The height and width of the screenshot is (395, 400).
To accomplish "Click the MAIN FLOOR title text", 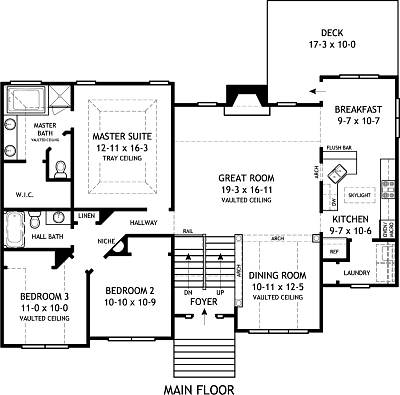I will (200, 382).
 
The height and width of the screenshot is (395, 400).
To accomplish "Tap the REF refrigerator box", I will (335, 252).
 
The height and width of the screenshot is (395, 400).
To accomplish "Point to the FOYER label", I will (204, 295).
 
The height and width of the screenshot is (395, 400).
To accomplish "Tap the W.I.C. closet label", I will (26, 195).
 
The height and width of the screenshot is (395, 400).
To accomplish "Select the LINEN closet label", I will (86, 215).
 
